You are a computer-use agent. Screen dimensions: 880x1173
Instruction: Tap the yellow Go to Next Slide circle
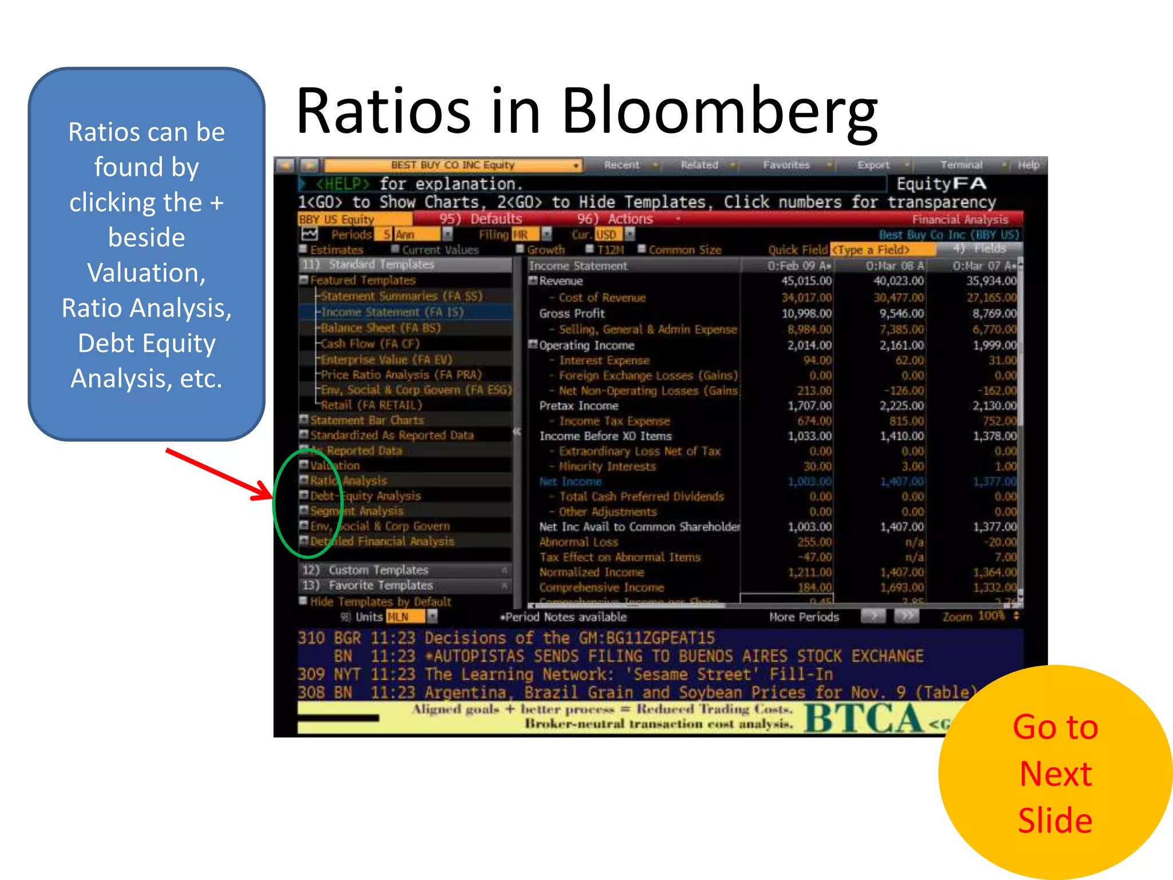(1055, 772)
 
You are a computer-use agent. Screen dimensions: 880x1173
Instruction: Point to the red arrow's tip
(272, 497)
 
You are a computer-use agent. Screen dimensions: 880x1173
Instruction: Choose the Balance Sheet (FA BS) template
(380, 328)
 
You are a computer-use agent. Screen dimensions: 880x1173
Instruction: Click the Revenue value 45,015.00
(806, 281)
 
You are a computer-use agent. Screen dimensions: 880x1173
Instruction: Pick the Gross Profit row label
(572, 313)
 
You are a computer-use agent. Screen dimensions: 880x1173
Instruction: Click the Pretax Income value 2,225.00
(901, 406)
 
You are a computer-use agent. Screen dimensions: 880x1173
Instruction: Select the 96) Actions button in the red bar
(615, 219)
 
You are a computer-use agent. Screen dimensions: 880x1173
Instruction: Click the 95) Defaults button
(481, 219)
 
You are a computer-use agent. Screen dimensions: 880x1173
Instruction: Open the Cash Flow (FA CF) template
(370, 344)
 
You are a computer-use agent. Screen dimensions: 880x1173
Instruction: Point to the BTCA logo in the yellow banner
(863, 718)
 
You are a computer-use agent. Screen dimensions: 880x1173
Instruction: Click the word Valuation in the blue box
(146, 273)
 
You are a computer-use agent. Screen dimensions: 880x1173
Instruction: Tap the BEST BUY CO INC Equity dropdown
(453, 165)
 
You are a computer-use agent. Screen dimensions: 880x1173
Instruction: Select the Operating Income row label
(586, 345)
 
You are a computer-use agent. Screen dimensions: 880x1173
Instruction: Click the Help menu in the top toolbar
(1028, 165)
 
